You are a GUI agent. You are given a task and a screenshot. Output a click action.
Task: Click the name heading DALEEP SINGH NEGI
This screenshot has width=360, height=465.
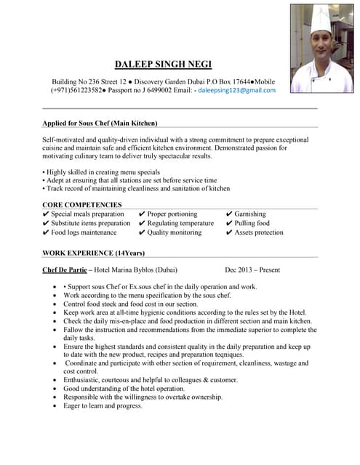tap(163, 64)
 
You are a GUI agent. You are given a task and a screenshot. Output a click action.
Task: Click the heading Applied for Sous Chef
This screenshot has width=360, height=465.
tap(100, 123)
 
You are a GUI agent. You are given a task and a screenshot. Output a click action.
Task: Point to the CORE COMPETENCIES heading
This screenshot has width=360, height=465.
tap(82, 205)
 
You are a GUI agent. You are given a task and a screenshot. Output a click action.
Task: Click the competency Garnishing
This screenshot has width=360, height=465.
tap(250, 214)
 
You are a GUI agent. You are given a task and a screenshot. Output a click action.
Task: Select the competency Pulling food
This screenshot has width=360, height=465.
tap(252, 224)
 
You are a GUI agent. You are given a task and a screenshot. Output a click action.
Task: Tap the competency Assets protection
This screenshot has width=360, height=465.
tap(259, 233)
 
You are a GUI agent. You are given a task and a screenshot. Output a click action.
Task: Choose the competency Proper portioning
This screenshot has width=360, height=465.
tap(172, 214)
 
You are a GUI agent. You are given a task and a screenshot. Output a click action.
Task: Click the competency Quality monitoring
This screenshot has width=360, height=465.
tap(175, 233)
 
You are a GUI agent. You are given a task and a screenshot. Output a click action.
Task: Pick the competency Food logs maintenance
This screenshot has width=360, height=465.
tap(84, 233)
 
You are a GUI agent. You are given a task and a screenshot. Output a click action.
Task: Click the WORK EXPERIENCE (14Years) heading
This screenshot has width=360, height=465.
tap(93, 253)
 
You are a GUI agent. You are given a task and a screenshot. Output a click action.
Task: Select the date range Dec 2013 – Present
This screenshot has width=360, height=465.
tap(252, 270)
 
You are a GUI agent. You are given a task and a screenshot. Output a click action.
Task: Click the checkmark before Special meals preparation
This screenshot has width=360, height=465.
tap(47, 214)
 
